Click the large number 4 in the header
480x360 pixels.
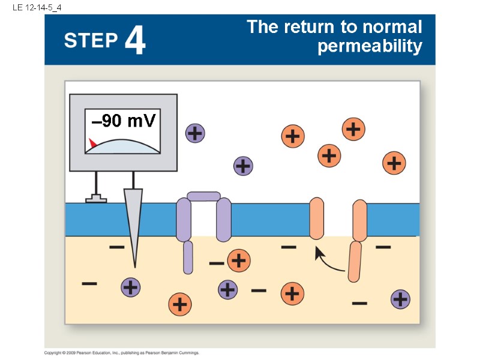(136, 41)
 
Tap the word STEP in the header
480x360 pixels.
(91, 41)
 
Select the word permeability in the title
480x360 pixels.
(370, 46)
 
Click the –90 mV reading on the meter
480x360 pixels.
(124, 121)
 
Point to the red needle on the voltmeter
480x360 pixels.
(93, 143)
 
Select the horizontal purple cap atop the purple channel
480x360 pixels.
(203, 196)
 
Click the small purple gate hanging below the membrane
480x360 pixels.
(188, 257)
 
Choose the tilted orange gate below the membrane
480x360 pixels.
(355, 261)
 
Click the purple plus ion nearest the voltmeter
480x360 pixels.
(194, 133)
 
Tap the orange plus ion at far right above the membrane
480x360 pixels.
(394, 163)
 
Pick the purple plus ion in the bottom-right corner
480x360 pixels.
(400, 299)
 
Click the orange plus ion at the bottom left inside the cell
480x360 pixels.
(179, 304)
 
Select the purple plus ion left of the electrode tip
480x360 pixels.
(130, 288)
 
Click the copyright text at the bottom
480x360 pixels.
(122, 353)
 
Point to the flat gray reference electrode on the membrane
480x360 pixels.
(96, 199)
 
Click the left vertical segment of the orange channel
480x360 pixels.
(317, 219)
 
